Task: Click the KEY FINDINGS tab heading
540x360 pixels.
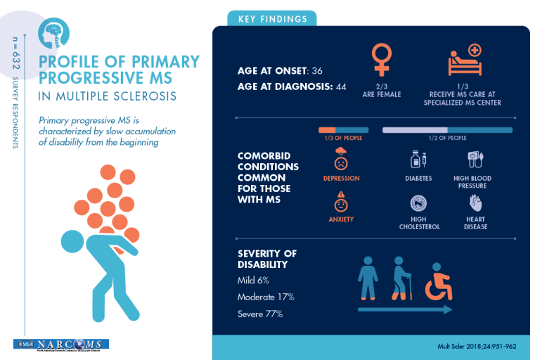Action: point(271,19)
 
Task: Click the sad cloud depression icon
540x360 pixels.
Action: point(341,159)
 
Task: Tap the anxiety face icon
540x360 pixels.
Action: point(341,203)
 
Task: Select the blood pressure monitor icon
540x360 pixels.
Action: point(476,160)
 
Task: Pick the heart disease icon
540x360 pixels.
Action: point(476,204)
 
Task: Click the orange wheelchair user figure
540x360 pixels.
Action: point(440,281)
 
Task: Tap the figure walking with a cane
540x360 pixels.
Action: point(401,278)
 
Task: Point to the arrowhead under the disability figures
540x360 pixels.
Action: point(449,309)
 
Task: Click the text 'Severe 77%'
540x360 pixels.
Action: point(260,314)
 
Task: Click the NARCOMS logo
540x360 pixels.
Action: point(60,345)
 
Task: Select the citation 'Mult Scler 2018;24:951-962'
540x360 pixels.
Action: point(477,347)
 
